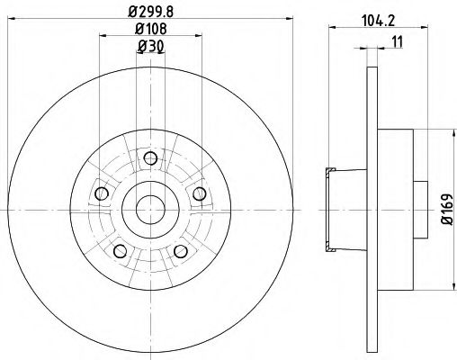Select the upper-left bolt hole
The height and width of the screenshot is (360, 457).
[102, 195]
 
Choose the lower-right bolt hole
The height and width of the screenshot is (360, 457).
[179, 251]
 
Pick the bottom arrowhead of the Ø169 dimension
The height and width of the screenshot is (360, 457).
[450, 290]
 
